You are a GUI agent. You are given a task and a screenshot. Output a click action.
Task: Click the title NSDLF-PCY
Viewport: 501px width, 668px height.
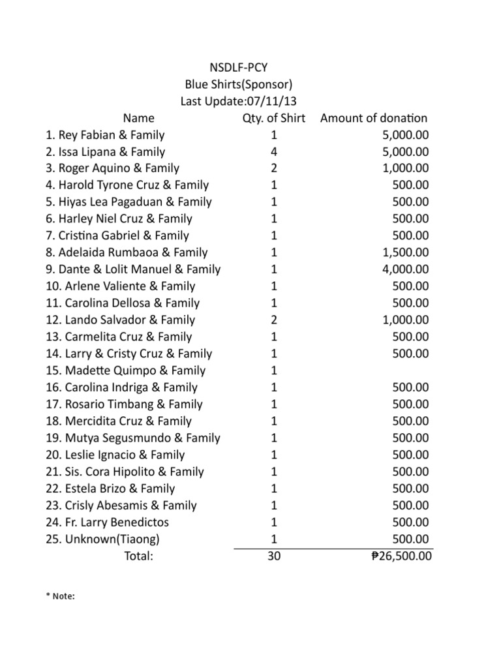[238, 67]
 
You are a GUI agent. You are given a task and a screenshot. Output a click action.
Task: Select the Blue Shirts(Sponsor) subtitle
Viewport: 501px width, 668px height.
[238, 84]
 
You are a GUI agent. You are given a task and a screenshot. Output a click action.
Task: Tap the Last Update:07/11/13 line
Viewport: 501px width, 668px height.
[238, 101]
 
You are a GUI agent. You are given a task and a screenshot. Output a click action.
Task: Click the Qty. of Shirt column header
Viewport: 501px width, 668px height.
[273, 118]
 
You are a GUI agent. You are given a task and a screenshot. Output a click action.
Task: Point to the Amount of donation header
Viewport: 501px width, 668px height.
[374, 118]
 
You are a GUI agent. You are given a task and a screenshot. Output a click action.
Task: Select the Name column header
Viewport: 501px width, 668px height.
[139, 118]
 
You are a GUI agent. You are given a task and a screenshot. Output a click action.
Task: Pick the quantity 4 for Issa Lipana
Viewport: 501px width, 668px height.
[273, 152]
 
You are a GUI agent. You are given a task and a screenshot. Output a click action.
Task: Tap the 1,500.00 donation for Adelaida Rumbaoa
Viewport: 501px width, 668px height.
[406, 252]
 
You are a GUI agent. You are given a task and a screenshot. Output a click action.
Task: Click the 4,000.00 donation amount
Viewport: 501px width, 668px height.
[406, 269]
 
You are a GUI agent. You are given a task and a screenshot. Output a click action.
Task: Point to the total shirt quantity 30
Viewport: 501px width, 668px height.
[273, 556]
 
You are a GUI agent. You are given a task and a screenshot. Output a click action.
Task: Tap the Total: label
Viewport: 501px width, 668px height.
[138, 556]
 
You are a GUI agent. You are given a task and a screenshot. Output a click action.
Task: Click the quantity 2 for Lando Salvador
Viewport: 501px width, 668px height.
[273, 320]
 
